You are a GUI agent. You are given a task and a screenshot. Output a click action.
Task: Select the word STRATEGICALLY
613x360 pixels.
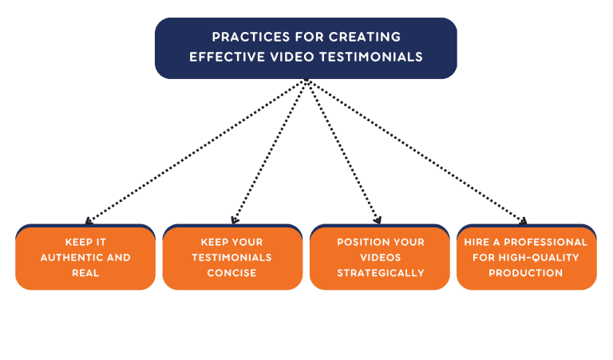[380, 272]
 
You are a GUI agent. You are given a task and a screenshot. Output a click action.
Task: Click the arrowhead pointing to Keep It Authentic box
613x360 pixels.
[87, 222]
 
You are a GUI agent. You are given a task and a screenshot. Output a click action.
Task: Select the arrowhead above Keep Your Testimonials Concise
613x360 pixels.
[233, 222]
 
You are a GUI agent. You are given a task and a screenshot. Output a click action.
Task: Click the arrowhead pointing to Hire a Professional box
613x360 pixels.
[524, 222]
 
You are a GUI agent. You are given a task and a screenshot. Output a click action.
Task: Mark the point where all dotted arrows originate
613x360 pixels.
[306, 80]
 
